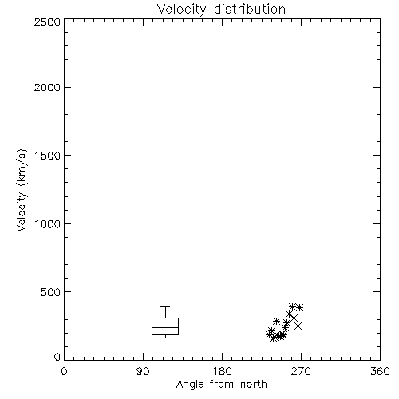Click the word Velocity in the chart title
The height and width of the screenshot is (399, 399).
(x=181, y=10)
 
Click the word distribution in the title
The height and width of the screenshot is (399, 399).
(x=250, y=9)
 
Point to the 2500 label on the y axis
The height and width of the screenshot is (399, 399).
(x=47, y=22)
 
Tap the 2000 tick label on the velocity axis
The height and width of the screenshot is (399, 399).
(x=47, y=87)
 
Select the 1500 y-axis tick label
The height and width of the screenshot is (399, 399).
(x=48, y=156)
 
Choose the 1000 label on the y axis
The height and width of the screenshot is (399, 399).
(x=48, y=223)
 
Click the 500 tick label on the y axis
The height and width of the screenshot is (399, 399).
(x=51, y=292)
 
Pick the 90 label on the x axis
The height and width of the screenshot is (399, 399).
(x=143, y=371)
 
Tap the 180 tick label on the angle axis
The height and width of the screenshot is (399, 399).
(x=222, y=371)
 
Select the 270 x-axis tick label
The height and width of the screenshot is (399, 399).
(x=301, y=371)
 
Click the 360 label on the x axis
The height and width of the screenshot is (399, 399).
(x=380, y=371)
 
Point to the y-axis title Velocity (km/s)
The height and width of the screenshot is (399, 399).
(x=22, y=190)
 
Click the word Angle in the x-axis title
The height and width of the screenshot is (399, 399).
(x=190, y=385)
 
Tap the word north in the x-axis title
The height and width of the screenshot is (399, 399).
(x=254, y=384)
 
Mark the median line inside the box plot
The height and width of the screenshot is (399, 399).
(x=165, y=327)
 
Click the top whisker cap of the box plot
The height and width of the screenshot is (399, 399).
(x=165, y=307)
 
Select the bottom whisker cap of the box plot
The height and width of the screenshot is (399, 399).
(x=165, y=338)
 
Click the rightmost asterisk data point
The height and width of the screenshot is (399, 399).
(x=300, y=308)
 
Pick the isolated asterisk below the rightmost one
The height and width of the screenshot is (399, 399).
(x=298, y=326)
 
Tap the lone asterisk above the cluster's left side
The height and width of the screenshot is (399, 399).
(x=276, y=321)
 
